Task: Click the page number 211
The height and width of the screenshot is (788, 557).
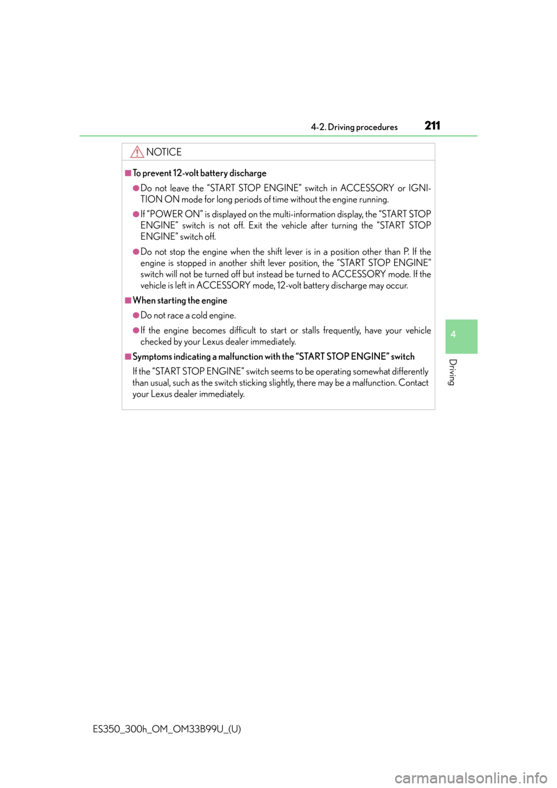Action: tap(432, 125)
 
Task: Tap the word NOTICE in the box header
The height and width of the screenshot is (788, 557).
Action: tap(164, 152)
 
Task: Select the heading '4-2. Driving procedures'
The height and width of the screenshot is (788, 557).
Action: tap(354, 127)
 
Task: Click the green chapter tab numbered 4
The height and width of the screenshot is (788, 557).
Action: tap(461, 337)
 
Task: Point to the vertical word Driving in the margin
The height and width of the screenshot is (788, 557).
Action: tap(453, 372)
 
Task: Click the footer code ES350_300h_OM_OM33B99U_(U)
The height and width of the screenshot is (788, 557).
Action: tap(167, 729)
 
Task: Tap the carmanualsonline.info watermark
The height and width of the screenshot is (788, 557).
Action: tap(472, 778)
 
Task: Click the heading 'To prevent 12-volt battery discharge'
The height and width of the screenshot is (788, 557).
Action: tap(200, 173)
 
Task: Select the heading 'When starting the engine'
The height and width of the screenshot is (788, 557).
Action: tap(180, 301)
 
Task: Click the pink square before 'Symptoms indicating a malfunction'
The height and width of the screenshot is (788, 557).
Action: tap(128, 357)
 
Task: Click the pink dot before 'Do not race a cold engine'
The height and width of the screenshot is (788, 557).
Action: tap(136, 315)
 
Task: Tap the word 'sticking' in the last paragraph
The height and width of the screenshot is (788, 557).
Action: tap(253, 383)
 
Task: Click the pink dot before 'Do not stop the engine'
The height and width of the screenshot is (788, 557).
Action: tap(136, 252)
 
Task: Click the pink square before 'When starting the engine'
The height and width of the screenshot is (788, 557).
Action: tap(128, 301)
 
